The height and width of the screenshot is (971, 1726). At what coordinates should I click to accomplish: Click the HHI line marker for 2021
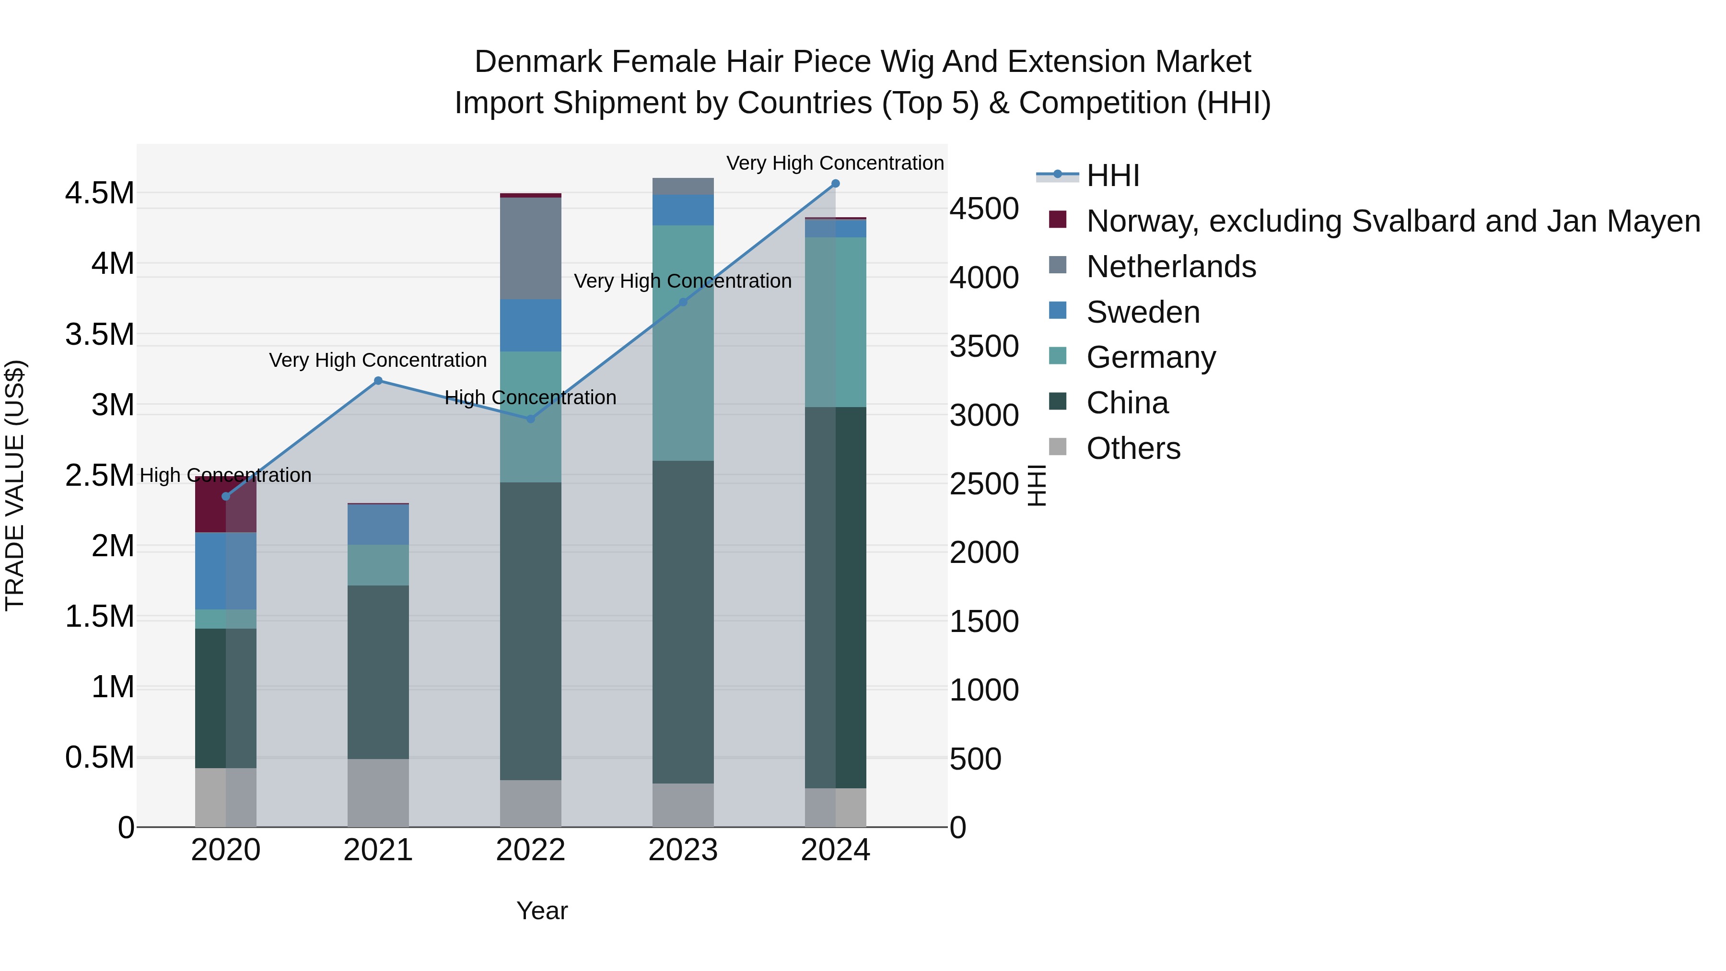378,381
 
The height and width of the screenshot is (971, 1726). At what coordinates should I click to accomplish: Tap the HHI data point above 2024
836,184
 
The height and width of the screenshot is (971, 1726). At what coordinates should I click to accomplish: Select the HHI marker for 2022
531,419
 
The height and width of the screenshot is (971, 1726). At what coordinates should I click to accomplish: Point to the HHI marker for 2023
683,302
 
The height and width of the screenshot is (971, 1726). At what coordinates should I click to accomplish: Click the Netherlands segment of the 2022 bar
531,248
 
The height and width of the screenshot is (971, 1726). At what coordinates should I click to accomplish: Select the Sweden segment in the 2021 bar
378,524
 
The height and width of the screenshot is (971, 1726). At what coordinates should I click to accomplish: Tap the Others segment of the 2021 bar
378,793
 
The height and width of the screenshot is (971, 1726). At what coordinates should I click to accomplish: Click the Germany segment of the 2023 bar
683,343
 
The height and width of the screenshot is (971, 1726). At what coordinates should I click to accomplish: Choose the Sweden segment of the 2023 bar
683,210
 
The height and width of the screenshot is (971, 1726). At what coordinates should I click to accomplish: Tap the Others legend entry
1133,448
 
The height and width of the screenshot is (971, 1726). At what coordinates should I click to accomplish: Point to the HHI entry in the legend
1112,175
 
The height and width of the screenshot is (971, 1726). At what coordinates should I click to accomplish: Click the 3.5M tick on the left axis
99,334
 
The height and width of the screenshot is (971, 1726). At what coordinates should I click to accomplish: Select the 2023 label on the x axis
683,850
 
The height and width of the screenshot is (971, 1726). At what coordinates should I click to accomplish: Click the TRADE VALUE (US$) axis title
15,485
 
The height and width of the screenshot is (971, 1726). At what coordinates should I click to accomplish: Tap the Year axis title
542,911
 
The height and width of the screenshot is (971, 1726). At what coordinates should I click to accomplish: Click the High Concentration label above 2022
531,398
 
